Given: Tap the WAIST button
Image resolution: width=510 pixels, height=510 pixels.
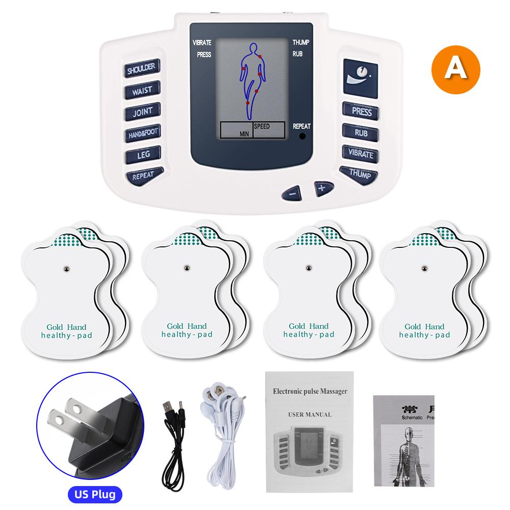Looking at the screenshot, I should click(141, 91).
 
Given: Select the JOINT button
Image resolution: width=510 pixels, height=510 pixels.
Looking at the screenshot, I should click(142, 112).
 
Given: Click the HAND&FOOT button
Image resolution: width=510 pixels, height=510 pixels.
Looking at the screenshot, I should click(143, 133).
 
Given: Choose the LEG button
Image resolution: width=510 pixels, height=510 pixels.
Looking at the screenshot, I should click(144, 154).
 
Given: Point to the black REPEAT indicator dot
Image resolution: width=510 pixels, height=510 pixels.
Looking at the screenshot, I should click(302, 136).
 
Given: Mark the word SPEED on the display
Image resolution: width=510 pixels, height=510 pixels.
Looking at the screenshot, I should click(261, 126).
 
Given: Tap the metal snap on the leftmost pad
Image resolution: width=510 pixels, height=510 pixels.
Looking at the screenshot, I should click(66, 268).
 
